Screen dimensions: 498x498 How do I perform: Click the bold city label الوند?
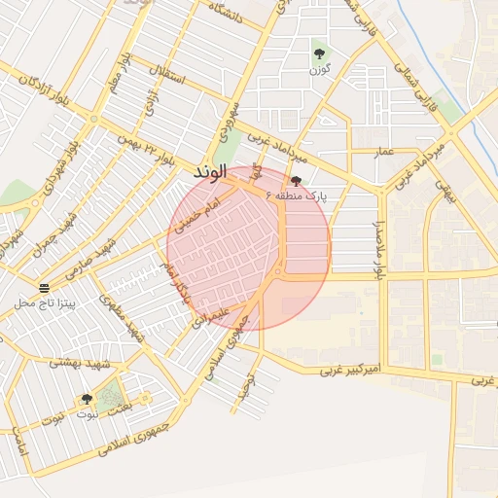[x=209, y=172]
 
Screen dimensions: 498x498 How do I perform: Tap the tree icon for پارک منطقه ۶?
[x=296, y=181]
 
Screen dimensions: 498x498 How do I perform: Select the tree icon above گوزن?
[x=319, y=53]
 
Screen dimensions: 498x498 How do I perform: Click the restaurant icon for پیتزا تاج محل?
[x=44, y=288]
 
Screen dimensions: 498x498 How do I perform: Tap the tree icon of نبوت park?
[x=87, y=399]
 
